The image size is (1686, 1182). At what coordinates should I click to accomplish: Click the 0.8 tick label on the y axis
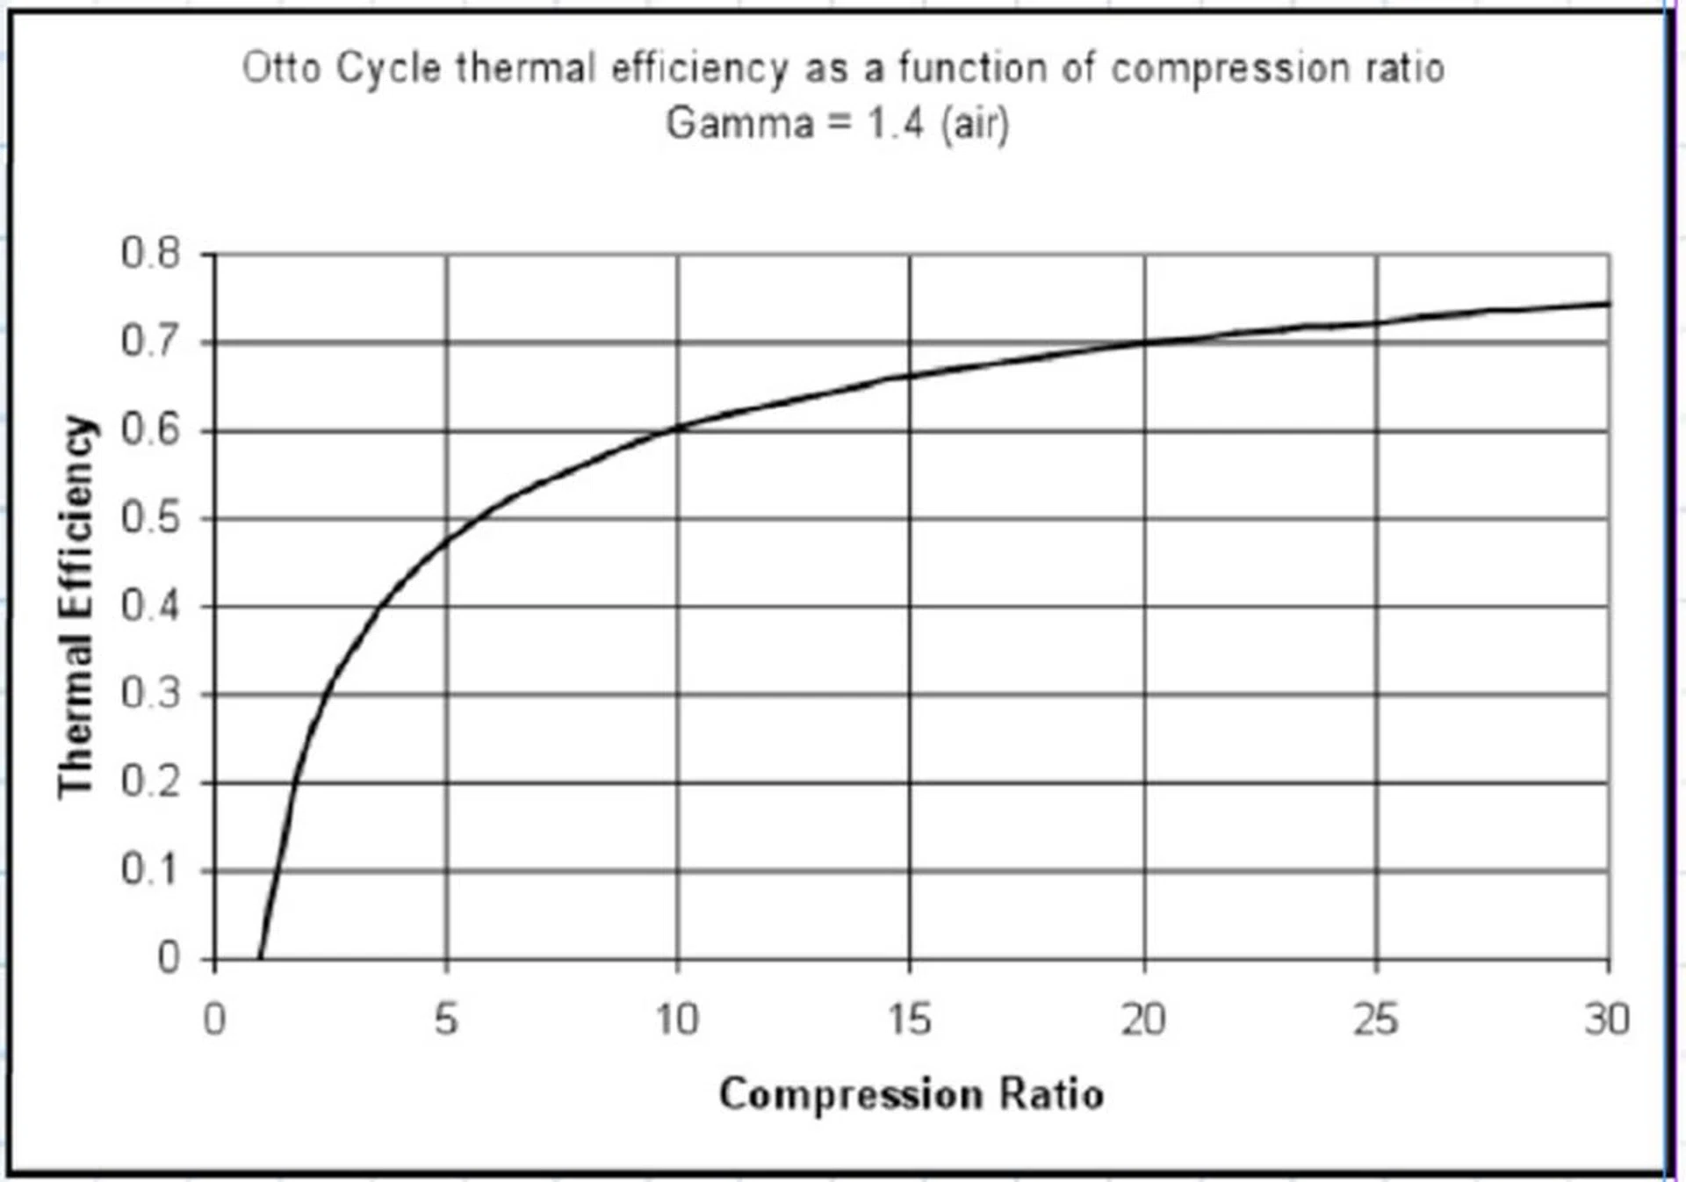150,254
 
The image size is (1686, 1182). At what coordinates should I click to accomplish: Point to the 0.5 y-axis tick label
150,518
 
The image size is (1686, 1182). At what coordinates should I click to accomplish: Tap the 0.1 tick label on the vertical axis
150,870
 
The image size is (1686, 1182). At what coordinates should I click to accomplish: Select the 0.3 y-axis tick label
150,694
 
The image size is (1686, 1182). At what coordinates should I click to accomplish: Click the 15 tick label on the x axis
909,1020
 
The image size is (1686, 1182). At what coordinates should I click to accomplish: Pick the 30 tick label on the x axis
1607,1020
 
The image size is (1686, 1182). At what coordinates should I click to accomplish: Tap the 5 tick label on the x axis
446,1020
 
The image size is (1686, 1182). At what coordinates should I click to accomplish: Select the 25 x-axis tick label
1375,1020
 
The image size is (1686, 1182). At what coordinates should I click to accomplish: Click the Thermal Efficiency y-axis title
76,606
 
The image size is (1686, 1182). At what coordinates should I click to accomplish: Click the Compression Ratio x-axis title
911,1094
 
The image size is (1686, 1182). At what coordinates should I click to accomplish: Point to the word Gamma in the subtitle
740,123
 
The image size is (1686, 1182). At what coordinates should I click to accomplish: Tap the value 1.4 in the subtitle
895,123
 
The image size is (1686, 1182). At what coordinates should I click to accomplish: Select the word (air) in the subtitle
975,123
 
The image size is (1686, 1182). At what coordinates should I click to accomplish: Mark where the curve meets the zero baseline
260,958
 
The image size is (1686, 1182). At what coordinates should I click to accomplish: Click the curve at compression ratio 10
678,428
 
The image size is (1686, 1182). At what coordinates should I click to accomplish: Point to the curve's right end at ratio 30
1608,304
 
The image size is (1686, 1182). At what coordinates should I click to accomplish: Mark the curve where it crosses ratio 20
1143,342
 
